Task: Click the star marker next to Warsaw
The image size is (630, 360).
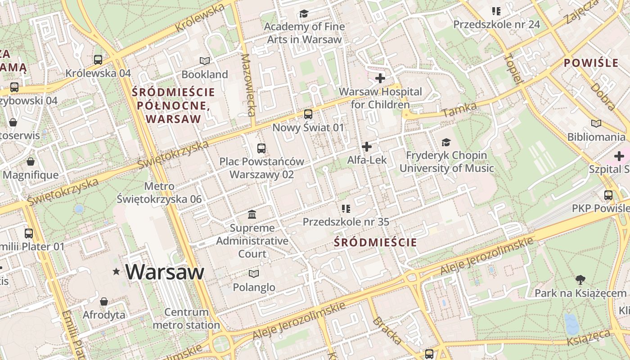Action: click(x=117, y=271)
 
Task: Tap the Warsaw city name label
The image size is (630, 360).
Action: click(x=165, y=272)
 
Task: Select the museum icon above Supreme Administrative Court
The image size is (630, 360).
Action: click(x=252, y=214)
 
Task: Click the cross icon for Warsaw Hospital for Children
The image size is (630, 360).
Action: click(x=380, y=78)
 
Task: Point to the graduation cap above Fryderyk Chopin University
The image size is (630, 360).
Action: click(x=446, y=142)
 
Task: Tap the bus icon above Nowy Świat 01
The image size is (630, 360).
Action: click(x=308, y=114)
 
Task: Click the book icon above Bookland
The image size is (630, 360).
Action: click(x=205, y=61)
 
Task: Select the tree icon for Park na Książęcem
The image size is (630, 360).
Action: click(x=580, y=280)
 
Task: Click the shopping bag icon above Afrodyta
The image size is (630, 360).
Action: click(x=104, y=301)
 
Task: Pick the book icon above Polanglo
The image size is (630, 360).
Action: click(x=254, y=274)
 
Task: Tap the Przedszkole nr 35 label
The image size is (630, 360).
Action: click(x=346, y=222)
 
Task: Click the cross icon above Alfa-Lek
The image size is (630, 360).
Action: click(x=367, y=147)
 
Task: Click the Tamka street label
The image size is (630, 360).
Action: click(x=460, y=109)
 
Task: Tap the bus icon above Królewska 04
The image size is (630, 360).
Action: click(x=98, y=59)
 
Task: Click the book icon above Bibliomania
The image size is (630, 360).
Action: click(x=596, y=123)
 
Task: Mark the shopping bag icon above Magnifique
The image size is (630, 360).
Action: click(x=31, y=162)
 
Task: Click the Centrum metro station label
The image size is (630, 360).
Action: click(x=186, y=318)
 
